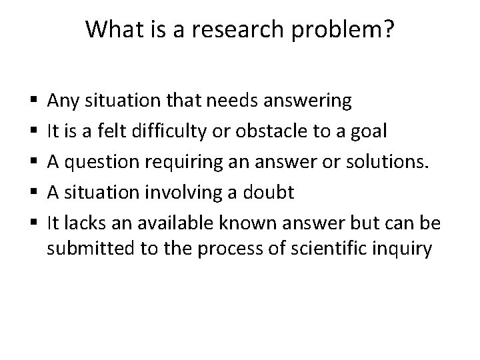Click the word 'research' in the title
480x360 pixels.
[x=240, y=29]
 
